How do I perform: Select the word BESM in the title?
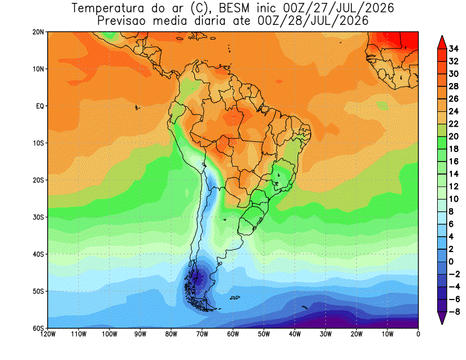coord(234,8)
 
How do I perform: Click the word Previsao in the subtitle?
coord(121,21)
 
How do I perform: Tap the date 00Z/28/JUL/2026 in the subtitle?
coord(313,21)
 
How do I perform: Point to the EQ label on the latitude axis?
coord(40,106)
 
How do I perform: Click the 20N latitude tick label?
coord(38,32)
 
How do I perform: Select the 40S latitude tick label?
coord(38,254)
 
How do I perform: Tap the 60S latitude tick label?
coord(38,328)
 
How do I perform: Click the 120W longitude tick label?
coord(48,334)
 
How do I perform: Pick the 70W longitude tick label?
coord(202,334)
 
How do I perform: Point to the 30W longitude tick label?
coord(325,334)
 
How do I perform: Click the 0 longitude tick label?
coord(418,334)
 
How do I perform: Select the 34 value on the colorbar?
coord(454,49)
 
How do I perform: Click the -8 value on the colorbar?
coord(454,311)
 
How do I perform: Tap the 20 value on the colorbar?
coord(454,136)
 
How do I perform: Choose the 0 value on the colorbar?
coord(451,262)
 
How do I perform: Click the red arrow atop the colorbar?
coord(442,42)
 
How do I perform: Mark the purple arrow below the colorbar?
coord(442,318)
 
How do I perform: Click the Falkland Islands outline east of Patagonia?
coord(235,298)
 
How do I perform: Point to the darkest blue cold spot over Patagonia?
coord(197,278)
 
